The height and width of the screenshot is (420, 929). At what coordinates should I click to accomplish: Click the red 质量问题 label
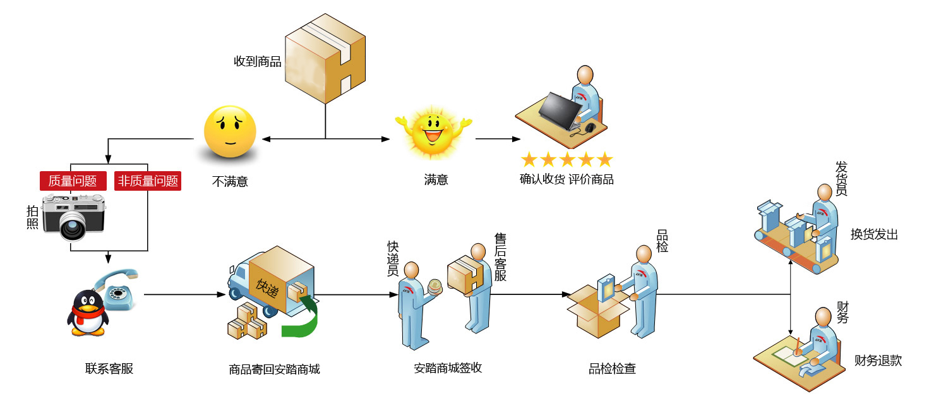pos(73,181)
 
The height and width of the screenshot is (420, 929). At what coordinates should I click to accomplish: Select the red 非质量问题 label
pos(148,181)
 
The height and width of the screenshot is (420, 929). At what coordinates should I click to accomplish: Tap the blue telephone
pos(119,291)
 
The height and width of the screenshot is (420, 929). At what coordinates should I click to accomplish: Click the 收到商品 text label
pos(257,62)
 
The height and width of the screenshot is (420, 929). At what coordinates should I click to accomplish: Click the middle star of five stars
pos(566,159)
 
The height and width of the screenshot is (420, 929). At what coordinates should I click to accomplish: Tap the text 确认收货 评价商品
pos(566,179)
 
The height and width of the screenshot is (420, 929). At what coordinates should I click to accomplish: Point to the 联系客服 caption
pos(109,369)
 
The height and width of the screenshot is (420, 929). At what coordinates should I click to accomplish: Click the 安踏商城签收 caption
pos(448,368)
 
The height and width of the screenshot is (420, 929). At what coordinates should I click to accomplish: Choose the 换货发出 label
pos(874,234)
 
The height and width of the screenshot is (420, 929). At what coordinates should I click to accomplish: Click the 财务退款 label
pos(878,361)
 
